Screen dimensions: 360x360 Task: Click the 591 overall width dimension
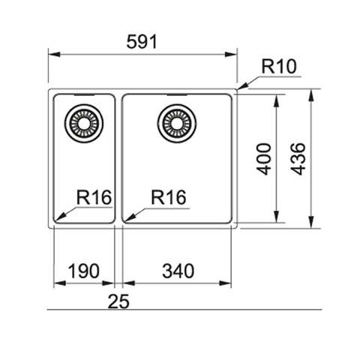[142, 42]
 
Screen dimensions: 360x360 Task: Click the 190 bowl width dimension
[83, 271]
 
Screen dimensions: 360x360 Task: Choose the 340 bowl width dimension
[177, 271]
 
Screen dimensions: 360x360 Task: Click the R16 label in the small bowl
[93, 198]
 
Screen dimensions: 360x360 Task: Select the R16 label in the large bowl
[168, 198]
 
